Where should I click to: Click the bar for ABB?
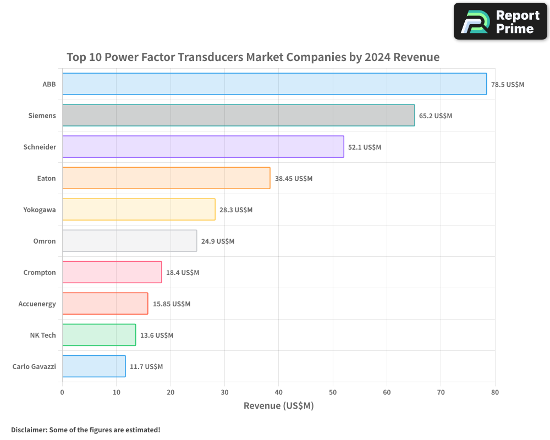274,84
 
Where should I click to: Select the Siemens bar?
238,116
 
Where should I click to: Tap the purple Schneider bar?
203,147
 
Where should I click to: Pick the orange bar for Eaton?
166,178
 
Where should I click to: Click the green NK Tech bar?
99,335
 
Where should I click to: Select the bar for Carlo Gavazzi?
94,366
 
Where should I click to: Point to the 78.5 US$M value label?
507,85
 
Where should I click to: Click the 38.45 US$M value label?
293,179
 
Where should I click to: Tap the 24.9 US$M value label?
217,241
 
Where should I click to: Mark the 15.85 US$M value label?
171,304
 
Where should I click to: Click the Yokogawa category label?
40,210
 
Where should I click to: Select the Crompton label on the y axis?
40,272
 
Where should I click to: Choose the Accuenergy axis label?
37,304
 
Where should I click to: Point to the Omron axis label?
45,241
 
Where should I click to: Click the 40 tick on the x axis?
279,392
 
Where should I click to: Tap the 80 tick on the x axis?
495,392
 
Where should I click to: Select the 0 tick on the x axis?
62,392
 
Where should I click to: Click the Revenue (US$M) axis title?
278,406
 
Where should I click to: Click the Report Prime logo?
500,21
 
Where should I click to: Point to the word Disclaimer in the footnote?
28,430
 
